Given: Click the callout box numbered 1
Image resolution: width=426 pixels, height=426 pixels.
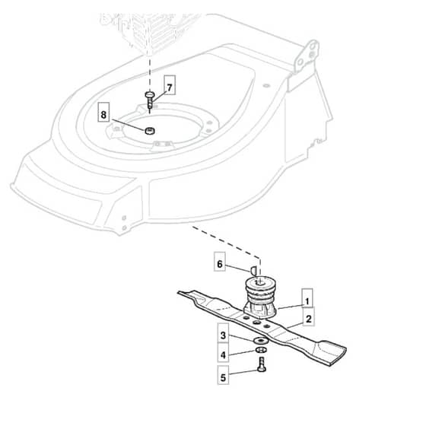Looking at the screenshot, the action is [307, 297].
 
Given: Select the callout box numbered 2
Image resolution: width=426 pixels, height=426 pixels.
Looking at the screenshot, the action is [308, 316].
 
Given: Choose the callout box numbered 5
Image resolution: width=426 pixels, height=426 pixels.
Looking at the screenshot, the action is [223, 375].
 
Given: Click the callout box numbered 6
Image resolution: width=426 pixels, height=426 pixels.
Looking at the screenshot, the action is [220, 262].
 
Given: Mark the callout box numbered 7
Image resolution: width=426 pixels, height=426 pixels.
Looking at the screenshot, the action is [170, 85].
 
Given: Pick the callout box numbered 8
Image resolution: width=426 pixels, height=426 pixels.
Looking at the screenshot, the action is [103, 112].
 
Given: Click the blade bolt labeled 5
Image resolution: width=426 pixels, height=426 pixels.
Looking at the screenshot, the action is [262, 364].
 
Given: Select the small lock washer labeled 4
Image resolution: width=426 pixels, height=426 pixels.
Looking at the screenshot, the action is [261, 350].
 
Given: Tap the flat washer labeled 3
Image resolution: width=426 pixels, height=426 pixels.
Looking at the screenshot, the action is [260, 340].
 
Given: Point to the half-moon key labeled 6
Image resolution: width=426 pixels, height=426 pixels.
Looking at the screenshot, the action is [253, 270].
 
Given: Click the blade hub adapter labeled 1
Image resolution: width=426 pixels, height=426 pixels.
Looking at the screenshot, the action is [260, 297].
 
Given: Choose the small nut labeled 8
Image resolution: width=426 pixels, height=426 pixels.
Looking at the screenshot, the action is [150, 130].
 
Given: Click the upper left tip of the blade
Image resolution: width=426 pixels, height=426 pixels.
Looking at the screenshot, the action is [179, 293].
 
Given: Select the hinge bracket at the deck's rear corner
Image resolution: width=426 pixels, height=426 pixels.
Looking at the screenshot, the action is [307, 56].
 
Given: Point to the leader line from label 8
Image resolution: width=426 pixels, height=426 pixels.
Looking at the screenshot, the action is [129, 125].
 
